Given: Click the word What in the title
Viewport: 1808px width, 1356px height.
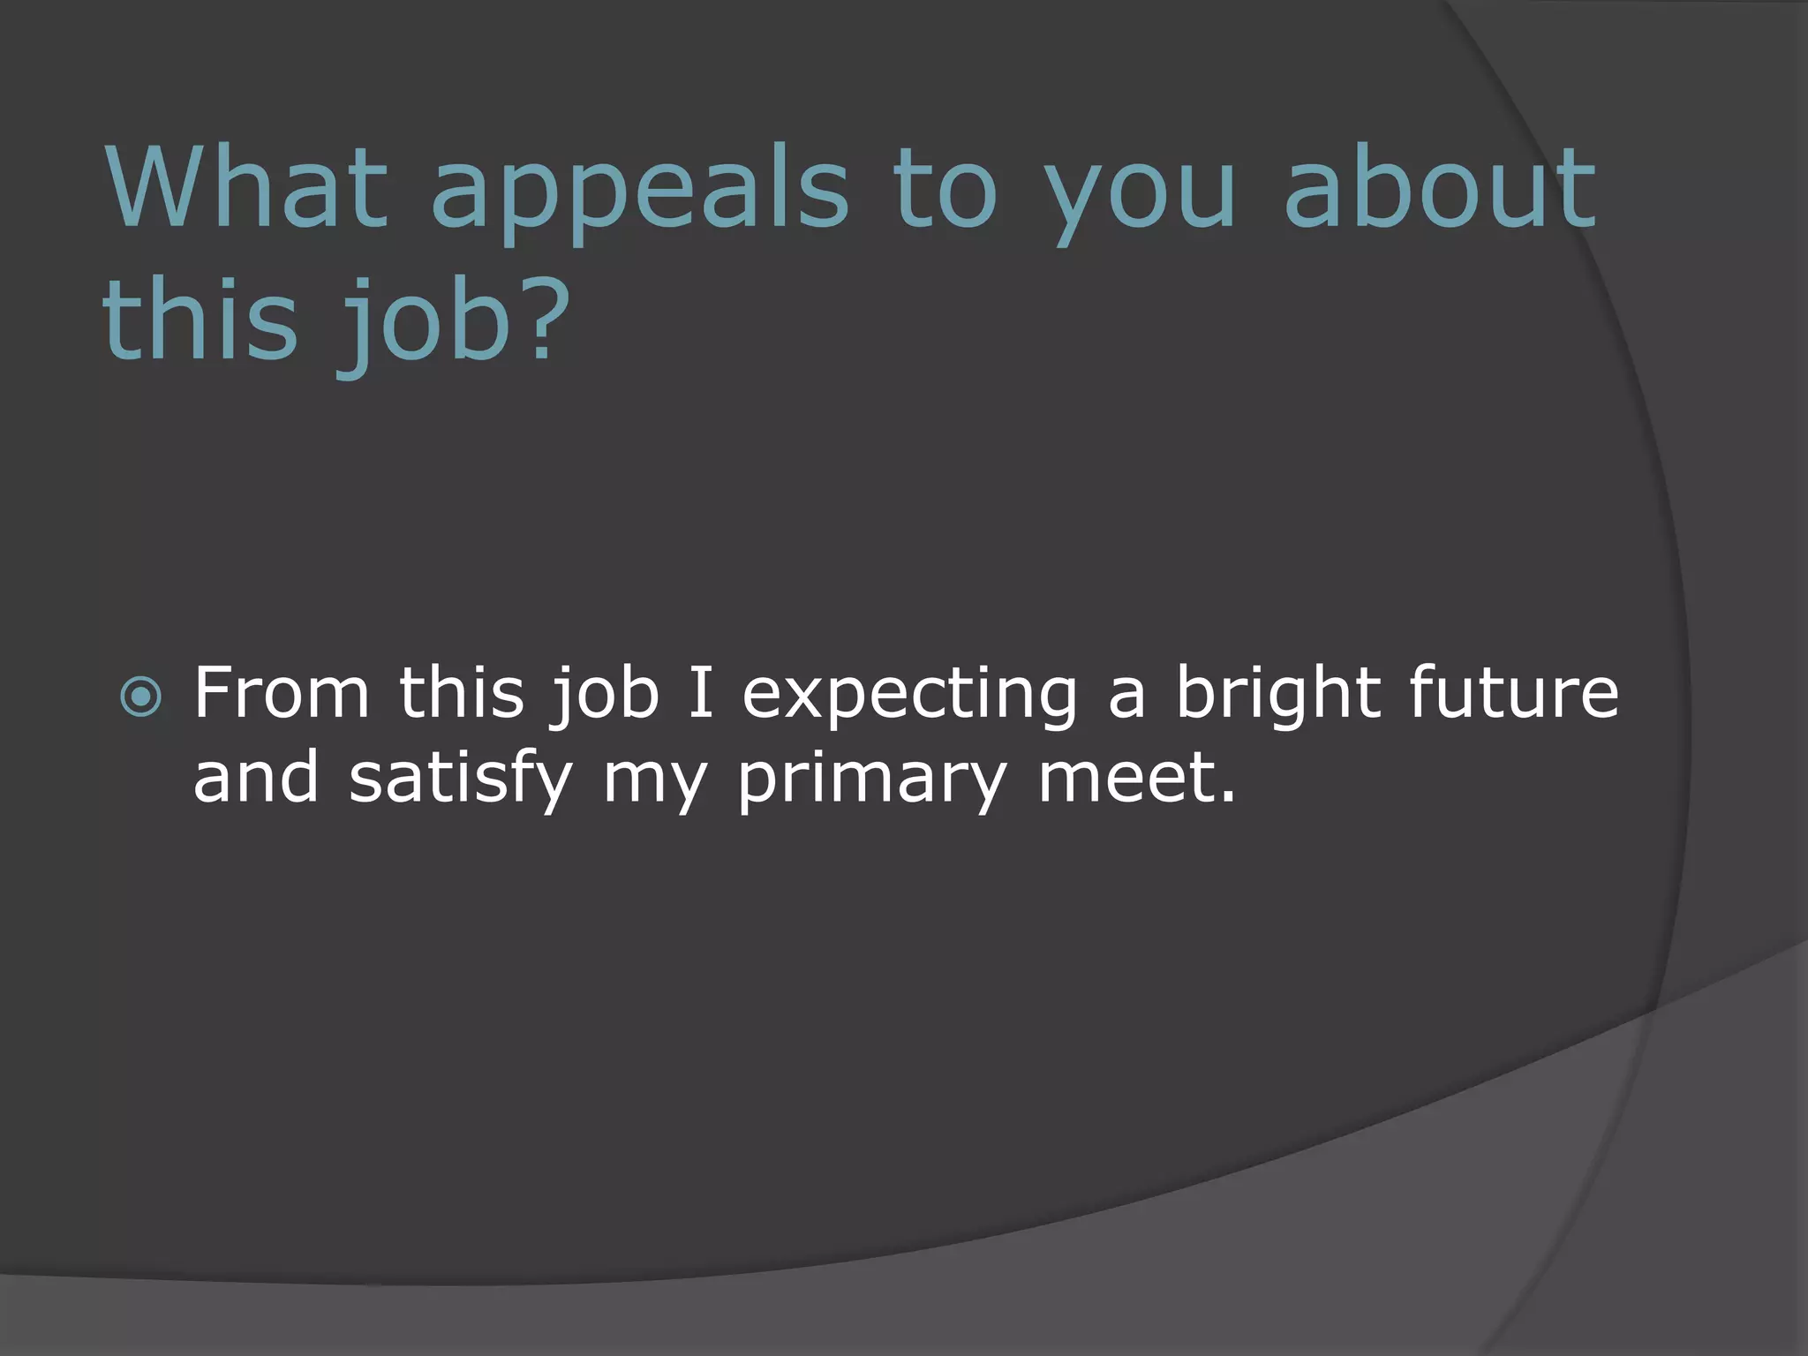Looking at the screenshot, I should [x=246, y=187].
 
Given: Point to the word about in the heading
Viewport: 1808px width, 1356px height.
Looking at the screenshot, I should [x=1439, y=187].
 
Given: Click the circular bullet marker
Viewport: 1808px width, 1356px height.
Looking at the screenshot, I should [x=141, y=698].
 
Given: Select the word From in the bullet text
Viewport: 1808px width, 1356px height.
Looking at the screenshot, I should [x=281, y=693].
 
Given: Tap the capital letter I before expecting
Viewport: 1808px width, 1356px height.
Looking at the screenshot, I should [x=699, y=693].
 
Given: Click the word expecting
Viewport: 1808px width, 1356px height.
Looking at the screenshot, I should [x=909, y=697].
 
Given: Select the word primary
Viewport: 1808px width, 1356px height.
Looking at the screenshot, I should [x=871, y=781].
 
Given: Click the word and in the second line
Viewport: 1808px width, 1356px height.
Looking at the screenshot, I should [x=255, y=779].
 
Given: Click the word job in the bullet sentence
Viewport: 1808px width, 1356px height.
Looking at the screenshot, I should [x=606, y=697].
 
